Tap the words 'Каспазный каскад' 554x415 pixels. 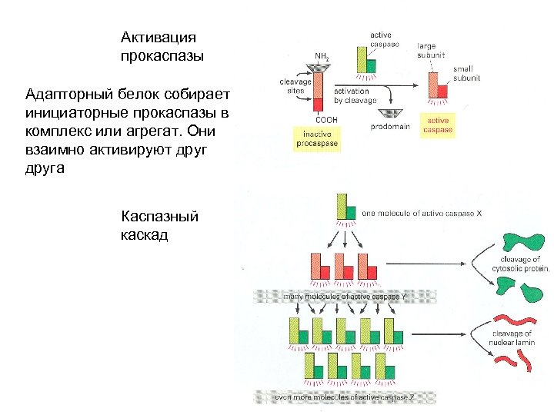159,224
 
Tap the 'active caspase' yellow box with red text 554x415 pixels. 438,125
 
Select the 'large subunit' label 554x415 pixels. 428,51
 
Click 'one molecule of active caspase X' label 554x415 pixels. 421,213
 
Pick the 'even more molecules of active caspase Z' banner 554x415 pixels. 346,397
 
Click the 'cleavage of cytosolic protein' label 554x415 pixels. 521,264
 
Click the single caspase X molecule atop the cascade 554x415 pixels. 344,210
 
